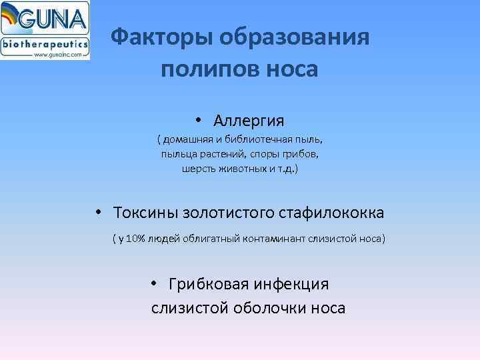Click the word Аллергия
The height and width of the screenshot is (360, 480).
(249, 121)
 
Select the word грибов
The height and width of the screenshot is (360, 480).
(299, 155)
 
